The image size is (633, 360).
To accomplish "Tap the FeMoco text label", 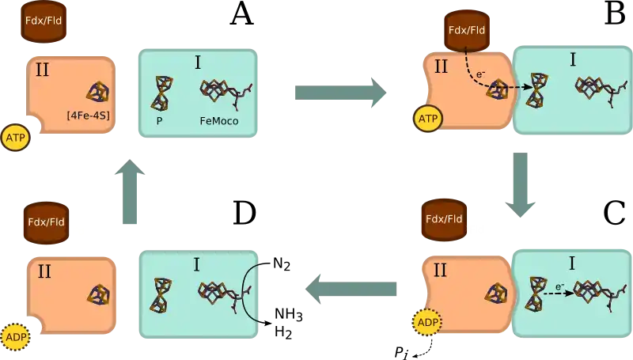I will [219, 122].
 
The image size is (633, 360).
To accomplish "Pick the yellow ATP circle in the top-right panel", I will [427, 119].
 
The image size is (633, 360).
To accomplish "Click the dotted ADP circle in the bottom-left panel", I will [15, 338].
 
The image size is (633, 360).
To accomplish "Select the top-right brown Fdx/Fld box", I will [467, 31].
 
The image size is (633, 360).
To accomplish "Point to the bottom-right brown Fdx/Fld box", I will [444, 219].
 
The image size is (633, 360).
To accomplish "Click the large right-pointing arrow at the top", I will [341, 92].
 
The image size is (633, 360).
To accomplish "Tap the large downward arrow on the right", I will [521, 187].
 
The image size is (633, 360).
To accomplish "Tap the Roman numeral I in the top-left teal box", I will [197, 62].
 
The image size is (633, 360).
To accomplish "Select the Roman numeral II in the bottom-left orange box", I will [44, 271].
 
